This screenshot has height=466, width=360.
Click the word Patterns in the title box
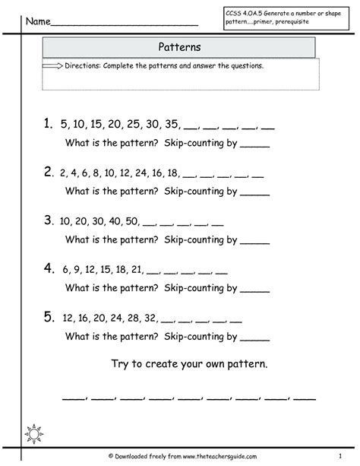(x=179, y=46)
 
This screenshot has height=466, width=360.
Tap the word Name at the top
(x=39, y=21)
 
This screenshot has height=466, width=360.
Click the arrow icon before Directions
(x=53, y=66)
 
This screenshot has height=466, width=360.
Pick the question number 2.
(x=48, y=171)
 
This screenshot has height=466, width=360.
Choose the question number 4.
(x=48, y=268)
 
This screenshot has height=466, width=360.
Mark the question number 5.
(x=48, y=317)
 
